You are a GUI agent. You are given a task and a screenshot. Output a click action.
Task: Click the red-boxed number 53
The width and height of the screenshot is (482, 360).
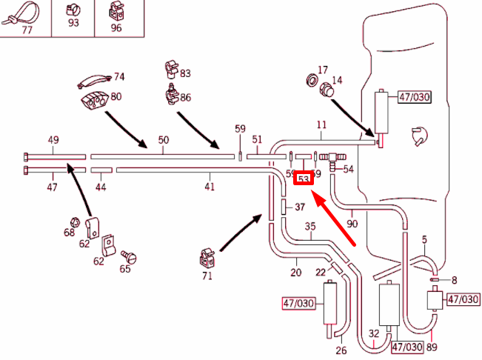(x=303, y=179)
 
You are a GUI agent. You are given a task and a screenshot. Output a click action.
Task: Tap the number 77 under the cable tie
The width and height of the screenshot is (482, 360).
(x=27, y=30)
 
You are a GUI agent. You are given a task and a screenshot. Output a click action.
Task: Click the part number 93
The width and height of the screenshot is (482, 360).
(x=73, y=24)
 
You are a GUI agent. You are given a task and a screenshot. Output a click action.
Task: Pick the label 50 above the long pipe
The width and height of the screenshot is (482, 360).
(x=164, y=140)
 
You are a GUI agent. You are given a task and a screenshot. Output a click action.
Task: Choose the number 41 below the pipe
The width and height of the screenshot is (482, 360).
(x=210, y=187)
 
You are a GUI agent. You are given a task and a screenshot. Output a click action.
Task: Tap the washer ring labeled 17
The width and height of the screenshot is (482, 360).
(x=312, y=80)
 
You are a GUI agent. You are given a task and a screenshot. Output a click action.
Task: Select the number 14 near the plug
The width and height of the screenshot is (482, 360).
(x=337, y=80)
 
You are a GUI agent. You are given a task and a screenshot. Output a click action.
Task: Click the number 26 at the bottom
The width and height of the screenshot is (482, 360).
(x=341, y=350)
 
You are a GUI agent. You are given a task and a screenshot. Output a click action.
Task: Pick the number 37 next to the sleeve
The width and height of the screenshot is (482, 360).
(x=300, y=207)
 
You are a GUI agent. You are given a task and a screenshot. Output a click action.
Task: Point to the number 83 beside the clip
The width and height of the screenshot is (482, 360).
(x=185, y=73)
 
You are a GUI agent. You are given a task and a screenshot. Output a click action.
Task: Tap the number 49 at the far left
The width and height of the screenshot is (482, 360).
(x=53, y=140)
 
